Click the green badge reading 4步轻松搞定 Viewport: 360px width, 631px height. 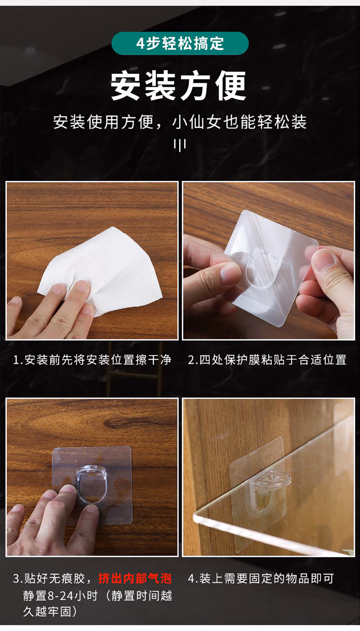click(180, 43)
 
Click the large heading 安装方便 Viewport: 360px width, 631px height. click(179, 86)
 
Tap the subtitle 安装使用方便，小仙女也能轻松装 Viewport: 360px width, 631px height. click(180, 122)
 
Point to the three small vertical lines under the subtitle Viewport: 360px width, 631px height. click(180, 145)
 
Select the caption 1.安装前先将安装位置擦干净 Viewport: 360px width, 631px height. click(92, 360)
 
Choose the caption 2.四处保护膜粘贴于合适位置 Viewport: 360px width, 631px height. click(267, 360)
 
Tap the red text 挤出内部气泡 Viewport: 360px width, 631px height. click(135, 578)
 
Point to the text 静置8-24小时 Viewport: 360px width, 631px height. click(61, 596)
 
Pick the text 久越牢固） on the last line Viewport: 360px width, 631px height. click(51, 611)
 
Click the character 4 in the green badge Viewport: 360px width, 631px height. click(140, 44)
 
